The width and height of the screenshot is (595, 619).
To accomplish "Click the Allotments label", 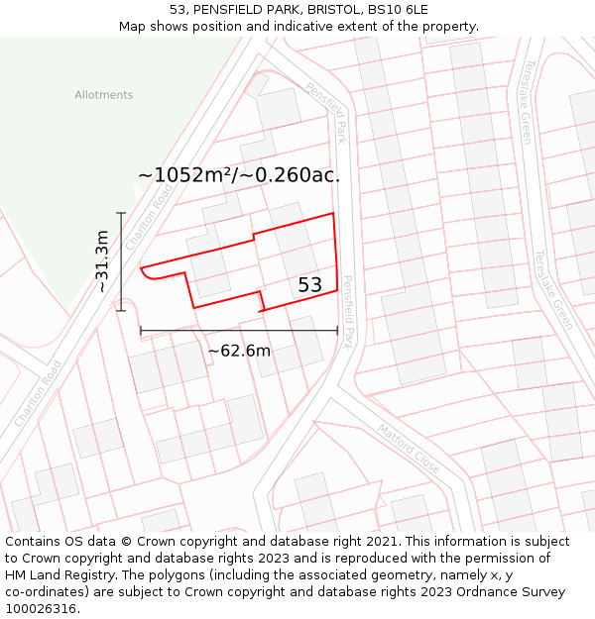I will click(x=103, y=95).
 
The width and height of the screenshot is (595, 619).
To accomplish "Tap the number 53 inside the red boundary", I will click(x=310, y=285).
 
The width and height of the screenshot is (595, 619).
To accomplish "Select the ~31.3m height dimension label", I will click(x=101, y=261).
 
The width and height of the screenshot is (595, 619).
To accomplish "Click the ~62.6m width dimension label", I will click(x=239, y=351).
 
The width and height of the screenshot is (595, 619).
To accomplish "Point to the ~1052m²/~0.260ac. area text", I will click(x=239, y=175).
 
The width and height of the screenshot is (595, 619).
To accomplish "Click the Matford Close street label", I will click(x=409, y=447).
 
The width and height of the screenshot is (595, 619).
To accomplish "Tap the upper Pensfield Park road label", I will click(x=326, y=113).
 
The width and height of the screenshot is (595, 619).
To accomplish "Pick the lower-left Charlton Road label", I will click(x=39, y=393).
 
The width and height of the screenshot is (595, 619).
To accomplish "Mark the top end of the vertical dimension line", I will click(x=122, y=213).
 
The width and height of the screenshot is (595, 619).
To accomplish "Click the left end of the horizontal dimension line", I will click(x=141, y=331).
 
